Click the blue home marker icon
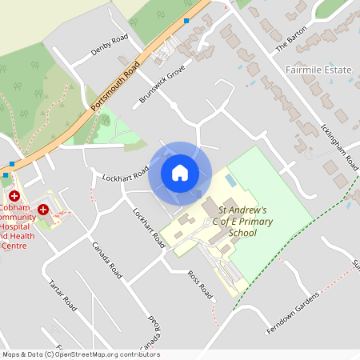pos(180,172)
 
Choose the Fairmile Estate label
pos(318,70)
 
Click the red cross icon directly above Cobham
pos(14,195)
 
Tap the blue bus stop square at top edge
pos(186,20)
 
